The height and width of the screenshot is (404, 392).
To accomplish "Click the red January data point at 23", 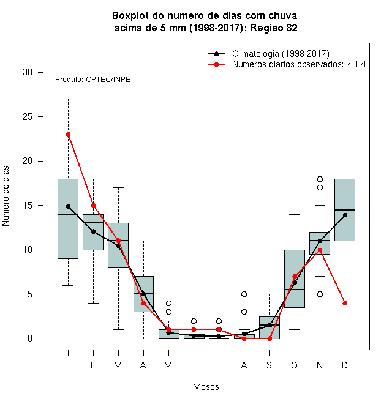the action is pos(68,134).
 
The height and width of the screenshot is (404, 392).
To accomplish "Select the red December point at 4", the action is pos(345,303).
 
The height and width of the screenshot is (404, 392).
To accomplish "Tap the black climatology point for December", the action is pos(345,215).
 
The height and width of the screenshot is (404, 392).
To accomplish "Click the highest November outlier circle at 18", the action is pos(320,179).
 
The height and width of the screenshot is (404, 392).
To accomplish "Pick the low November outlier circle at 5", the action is pos(320,294).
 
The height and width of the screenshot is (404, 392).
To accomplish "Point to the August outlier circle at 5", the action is pos(244,294).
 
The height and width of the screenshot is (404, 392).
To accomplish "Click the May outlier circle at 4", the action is pos(168,303).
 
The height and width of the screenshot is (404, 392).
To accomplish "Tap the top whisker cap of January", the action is pos(68,99).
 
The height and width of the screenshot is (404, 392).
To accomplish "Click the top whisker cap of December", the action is pos(345,152).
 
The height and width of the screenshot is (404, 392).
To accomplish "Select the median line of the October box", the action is pos(295,290).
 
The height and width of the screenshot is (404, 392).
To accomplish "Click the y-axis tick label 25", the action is pos(28,117).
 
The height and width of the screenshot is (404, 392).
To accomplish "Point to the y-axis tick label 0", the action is pos(30,339).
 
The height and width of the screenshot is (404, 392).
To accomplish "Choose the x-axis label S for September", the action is pos(269,365).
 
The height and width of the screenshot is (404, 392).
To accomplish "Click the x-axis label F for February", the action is pos(93,365).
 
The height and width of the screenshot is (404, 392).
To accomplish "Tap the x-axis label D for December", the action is pos(345,365).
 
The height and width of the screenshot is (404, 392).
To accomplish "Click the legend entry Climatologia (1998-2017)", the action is pos(281,54).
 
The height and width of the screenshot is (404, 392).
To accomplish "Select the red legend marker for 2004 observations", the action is pos(216,64).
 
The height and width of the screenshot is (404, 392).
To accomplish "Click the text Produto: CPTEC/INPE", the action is pos(92,80).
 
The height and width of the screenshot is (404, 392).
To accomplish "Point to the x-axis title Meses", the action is pos(206,387).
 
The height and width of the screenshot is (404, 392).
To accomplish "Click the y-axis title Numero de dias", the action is pos(6,196).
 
